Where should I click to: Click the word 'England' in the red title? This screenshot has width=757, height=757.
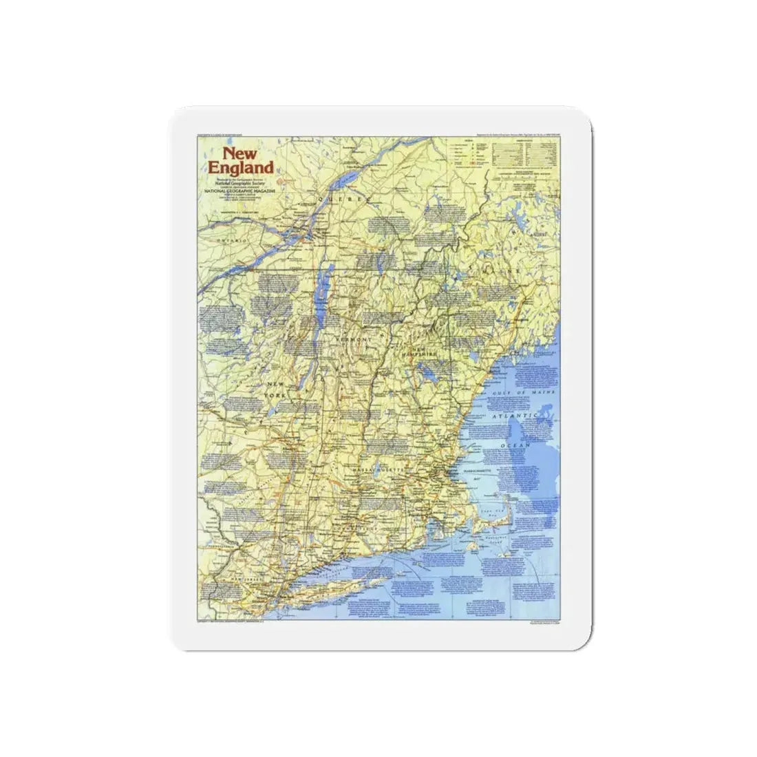[x=242, y=167]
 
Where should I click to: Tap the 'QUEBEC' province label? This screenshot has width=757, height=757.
[x=343, y=198]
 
